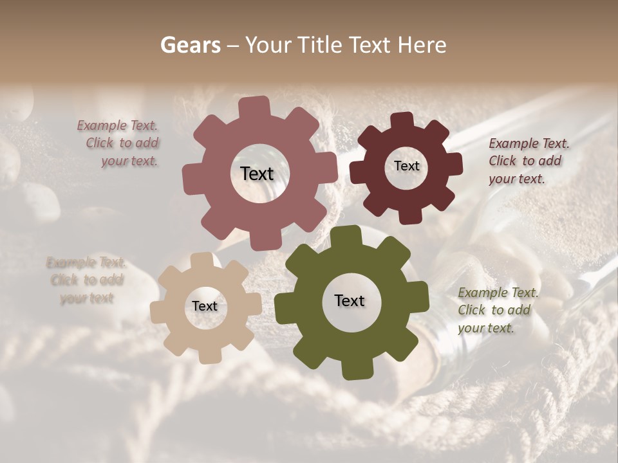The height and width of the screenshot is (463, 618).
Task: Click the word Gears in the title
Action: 190,45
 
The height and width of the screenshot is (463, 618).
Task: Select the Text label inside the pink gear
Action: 257,174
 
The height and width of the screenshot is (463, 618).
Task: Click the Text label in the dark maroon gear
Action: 406,166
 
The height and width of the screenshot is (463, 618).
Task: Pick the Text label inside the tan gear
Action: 205,306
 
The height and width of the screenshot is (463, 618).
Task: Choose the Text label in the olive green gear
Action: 350,300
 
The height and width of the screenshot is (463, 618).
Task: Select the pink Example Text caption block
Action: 119,143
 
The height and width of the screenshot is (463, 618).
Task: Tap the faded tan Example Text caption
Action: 86,280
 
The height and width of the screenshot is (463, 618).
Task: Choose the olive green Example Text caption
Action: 498,310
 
